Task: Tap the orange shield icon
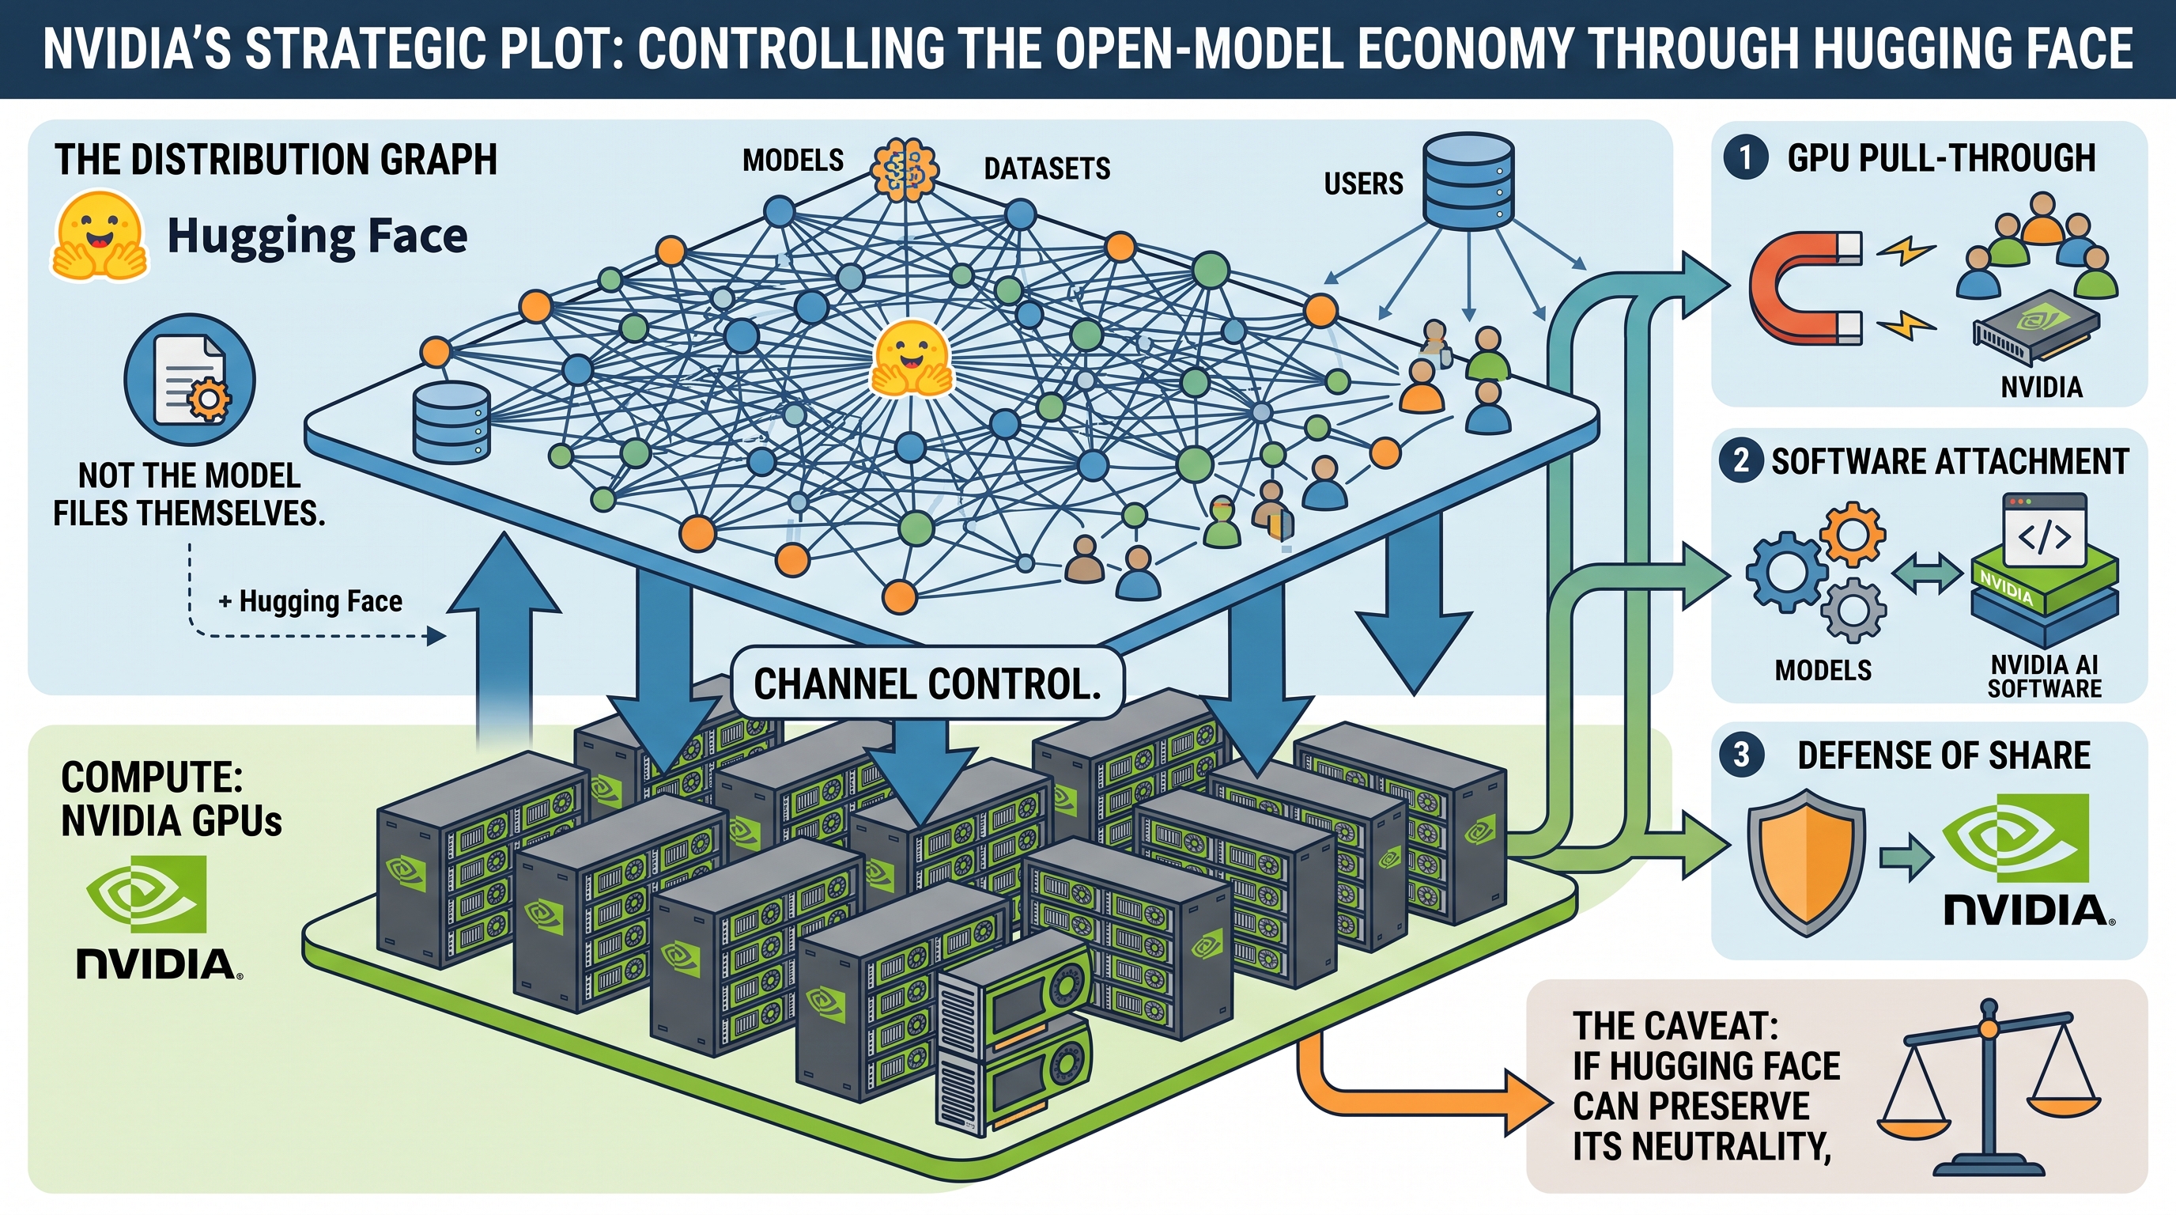tap(1806, 862)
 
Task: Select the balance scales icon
tap(1989, 1090)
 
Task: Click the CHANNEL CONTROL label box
tap(927, 683)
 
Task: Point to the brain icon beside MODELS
tap(904, 170)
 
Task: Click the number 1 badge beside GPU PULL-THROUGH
tap(1745, 157)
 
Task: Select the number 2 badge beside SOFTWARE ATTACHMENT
tap(1740, 461)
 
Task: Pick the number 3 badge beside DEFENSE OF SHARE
tap(1741, 755)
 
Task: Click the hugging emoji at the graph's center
tap(911, 358)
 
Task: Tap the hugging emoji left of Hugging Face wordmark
tap(98, 236)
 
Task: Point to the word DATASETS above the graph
tap(1047, 169)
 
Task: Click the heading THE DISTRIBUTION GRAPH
tap(276, 160)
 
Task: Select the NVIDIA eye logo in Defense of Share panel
tap(2015, 838)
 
